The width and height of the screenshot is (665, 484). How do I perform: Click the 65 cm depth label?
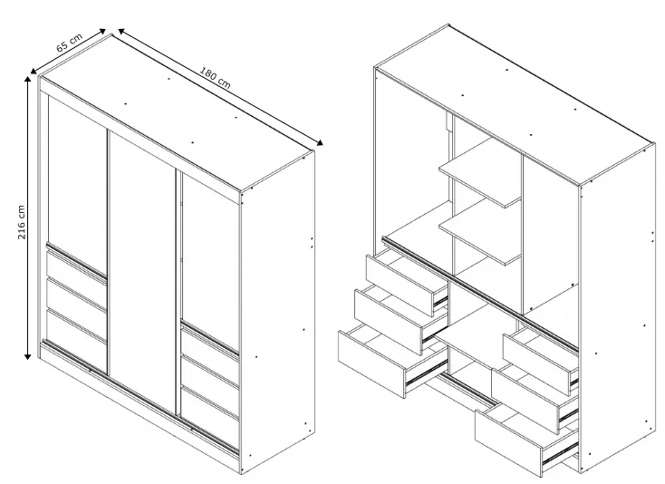69,43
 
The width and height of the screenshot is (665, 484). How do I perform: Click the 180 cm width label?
215,78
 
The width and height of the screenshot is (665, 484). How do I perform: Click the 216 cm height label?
21,222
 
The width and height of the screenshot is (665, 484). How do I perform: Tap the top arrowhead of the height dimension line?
28,80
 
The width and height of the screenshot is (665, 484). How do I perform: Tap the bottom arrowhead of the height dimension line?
27,357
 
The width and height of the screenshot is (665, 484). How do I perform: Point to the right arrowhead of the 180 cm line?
320,143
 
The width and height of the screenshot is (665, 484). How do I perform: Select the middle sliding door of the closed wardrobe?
142,272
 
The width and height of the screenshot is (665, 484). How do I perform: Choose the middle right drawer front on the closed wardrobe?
210,379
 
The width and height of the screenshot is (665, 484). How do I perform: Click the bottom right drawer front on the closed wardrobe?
210,412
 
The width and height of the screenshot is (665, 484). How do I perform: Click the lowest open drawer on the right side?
525,438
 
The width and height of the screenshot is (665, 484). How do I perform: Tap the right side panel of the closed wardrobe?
278,312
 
